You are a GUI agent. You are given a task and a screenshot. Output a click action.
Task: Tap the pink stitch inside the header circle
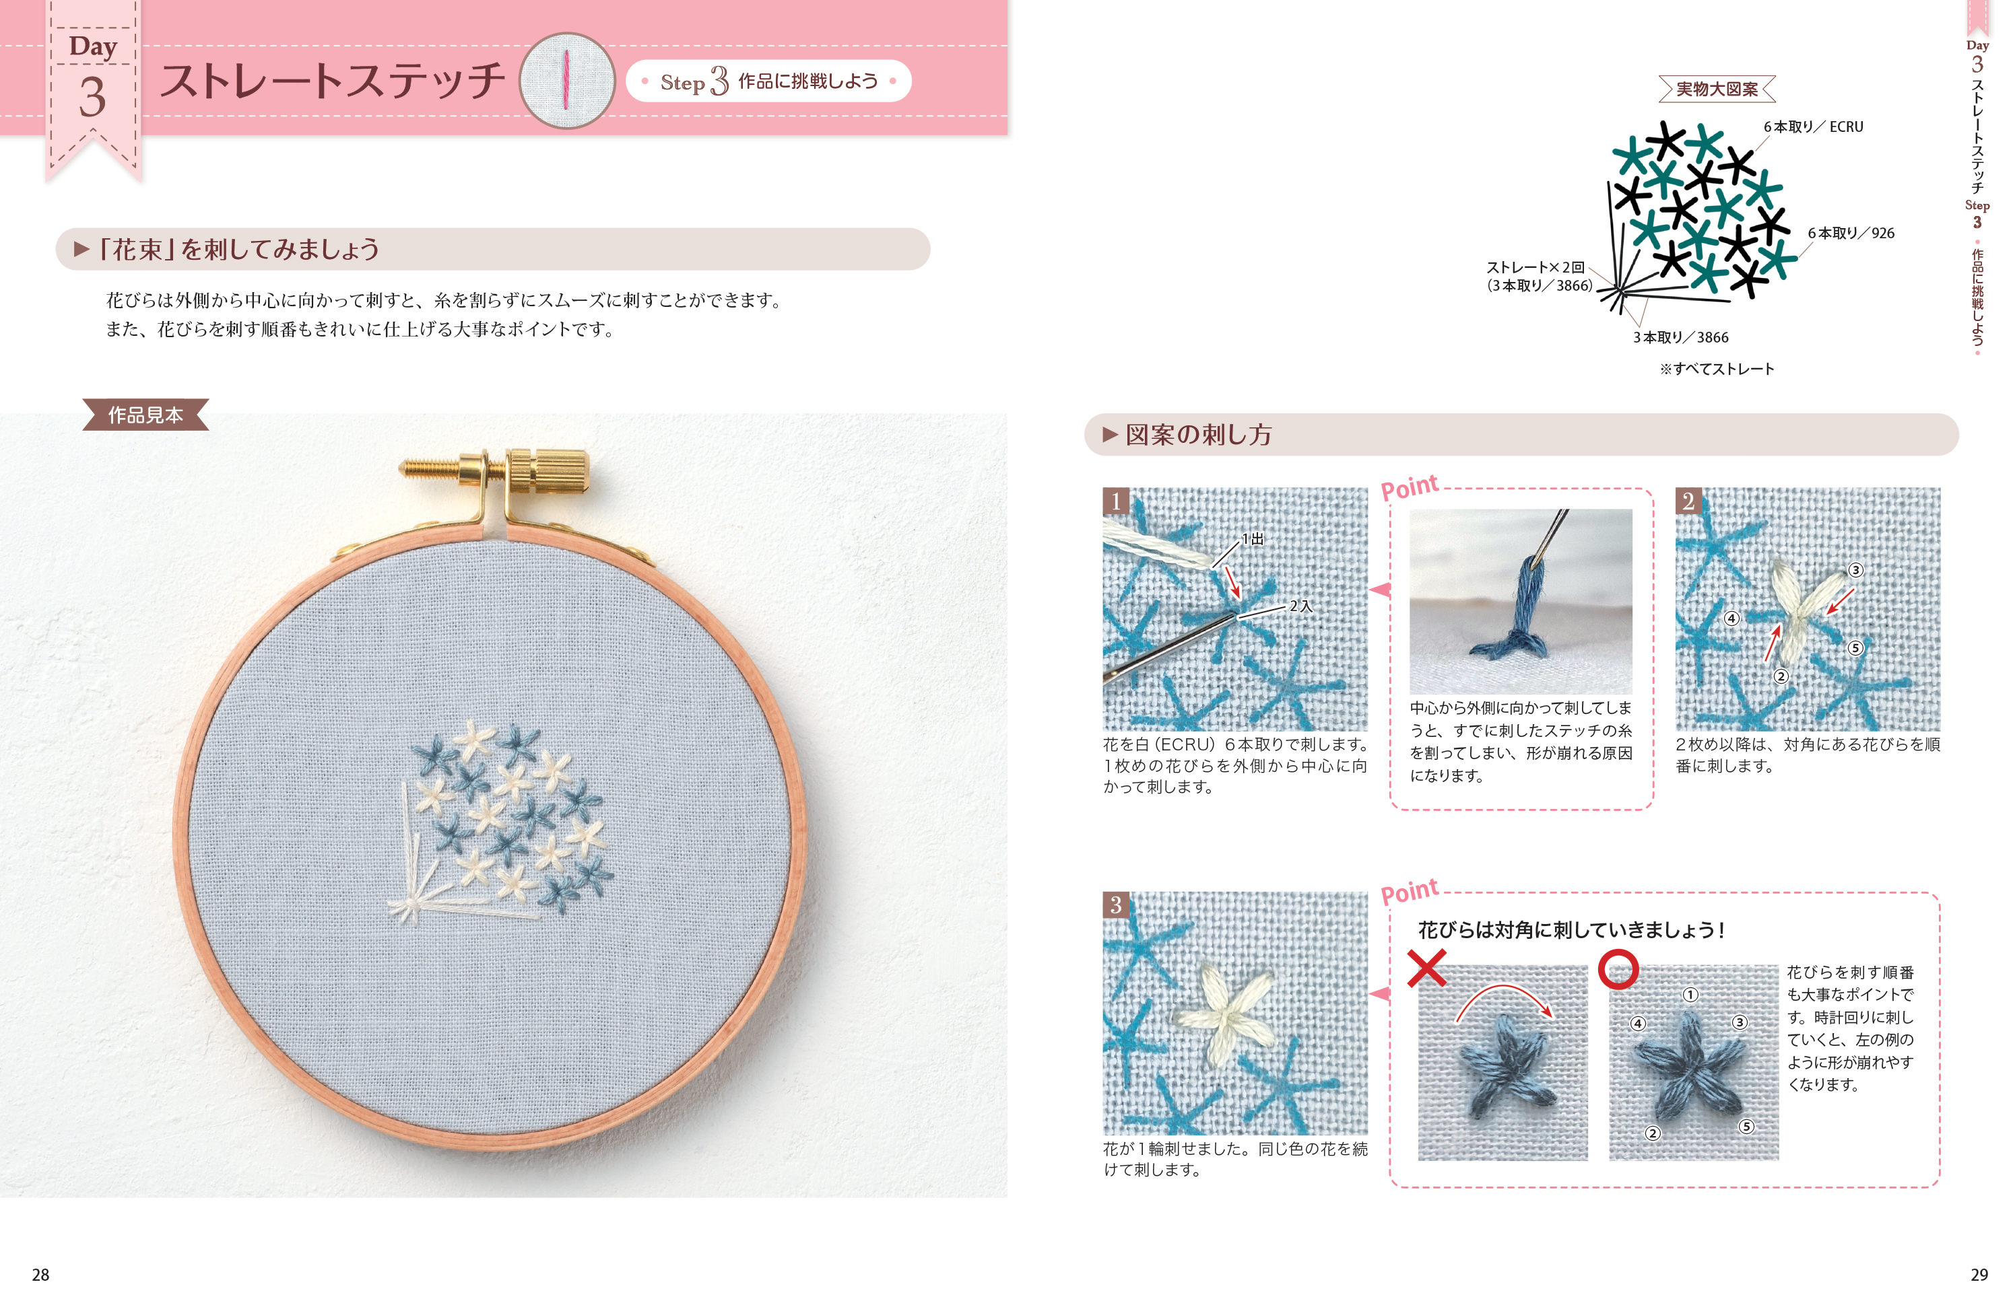(566, 79)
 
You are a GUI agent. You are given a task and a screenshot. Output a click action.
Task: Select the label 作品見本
(145, 415)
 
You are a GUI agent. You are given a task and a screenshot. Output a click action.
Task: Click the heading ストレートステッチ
(332, 81)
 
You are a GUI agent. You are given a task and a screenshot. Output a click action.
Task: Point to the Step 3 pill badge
(768, 81)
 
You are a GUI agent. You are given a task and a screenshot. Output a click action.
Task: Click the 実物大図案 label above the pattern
(1716, 89)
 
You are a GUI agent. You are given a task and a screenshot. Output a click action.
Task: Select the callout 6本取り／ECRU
(1813, 127)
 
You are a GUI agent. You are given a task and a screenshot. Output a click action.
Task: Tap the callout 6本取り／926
(1851, 233)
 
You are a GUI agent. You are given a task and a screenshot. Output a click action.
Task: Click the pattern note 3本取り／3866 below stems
(1680, 337)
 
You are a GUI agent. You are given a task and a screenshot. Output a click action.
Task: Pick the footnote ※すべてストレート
(1716, 369)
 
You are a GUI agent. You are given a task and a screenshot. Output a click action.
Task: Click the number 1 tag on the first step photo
(1116, 501)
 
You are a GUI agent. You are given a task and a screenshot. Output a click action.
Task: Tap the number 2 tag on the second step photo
(1688, 501)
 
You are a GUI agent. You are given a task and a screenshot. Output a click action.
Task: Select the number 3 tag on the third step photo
(1116, 905)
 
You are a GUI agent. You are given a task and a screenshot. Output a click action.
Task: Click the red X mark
(1426, 969)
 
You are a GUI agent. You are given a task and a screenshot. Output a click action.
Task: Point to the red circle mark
(1618, 970)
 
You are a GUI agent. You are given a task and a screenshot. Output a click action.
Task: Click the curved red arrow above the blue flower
(1504, 987)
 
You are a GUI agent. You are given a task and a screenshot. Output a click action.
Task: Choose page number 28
(40, 1274)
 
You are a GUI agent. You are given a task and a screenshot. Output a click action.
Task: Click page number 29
(1979, 1274)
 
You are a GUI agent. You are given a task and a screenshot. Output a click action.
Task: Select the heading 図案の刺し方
(1198, 435)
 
